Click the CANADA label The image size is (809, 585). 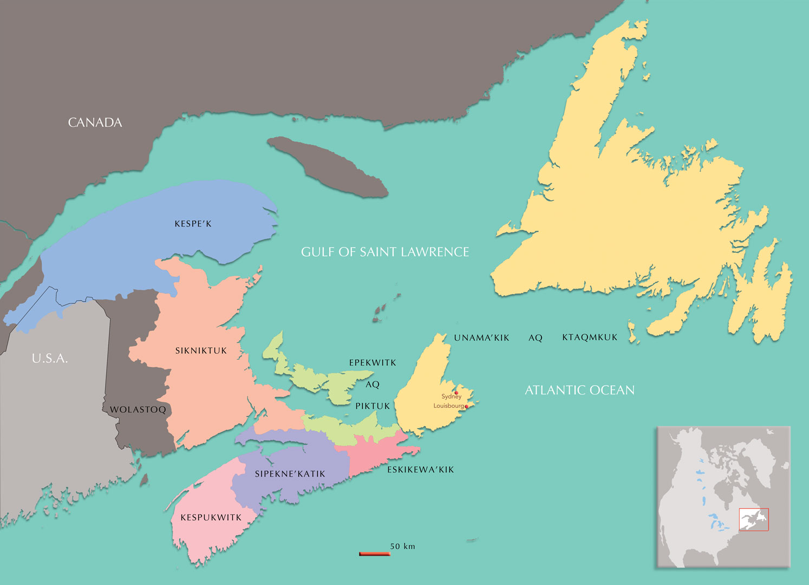tap(95, 123)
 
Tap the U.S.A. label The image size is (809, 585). tap(50, 359)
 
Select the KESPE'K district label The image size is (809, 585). tap(193, 224)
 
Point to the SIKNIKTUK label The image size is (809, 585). tap(201, 351)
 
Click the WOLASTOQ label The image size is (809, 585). tap(138, 409)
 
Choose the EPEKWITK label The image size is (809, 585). tap(373, 363)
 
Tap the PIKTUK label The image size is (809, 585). tap(373, 406)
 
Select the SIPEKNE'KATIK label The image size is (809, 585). tap(290, 474)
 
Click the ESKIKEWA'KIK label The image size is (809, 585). tap(420, 470)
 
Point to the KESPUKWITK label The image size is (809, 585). tap(211, 518)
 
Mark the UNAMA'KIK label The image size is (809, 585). tap(481, 338)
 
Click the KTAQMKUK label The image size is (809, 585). tap(590, 337)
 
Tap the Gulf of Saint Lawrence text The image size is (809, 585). tap(385, 252)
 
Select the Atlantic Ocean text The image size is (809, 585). tap(579, 390)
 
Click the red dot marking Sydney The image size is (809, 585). tap(456, 393)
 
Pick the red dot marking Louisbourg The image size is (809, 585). tap(467, 406)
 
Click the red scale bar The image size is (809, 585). tap(375, 554)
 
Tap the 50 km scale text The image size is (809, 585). tap(402, 546)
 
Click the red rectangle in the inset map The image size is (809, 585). tap(754, 519)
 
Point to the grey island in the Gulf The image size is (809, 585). tap(328, 167)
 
